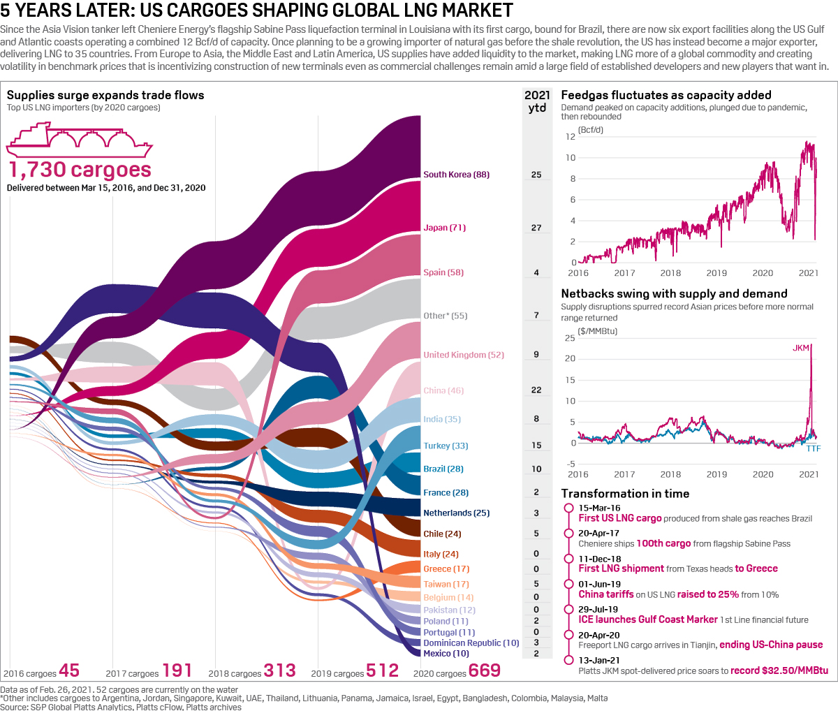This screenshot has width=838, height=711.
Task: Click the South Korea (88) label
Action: click(456, 175)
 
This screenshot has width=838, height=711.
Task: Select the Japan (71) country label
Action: click(444, 228)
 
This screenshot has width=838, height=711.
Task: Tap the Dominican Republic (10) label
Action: click(471, 643)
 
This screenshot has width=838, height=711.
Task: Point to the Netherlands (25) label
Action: click(456, 513)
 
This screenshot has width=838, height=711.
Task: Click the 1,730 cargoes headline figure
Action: click(80, 170)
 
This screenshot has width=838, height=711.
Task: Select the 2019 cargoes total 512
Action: click(383, 670)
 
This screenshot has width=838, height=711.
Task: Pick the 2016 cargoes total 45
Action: click(69, 670)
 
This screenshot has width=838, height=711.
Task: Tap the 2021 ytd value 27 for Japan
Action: click(536, 228)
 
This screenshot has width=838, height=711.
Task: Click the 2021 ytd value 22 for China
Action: click(536, 390)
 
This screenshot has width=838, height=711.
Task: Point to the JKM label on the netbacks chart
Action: click(801, 348)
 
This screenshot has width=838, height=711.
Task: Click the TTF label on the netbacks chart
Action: click(814, 448)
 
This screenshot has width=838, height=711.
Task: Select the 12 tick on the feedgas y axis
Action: click(571, 137)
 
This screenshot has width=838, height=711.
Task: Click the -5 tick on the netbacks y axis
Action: click(571, 464)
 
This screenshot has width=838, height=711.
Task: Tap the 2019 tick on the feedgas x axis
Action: click(716, 273)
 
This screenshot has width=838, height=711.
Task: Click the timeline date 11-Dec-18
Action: click(599, 559)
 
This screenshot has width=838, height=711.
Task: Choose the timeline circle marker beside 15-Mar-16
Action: click(568, 508)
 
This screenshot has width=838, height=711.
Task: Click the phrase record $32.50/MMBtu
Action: click(779, 670)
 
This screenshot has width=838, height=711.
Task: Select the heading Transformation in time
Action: click(625, 494)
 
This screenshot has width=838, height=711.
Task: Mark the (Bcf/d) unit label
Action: click(590, 130)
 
